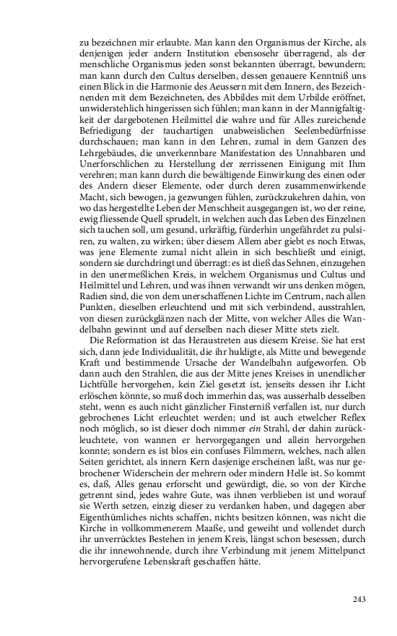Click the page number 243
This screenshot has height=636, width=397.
359,599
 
